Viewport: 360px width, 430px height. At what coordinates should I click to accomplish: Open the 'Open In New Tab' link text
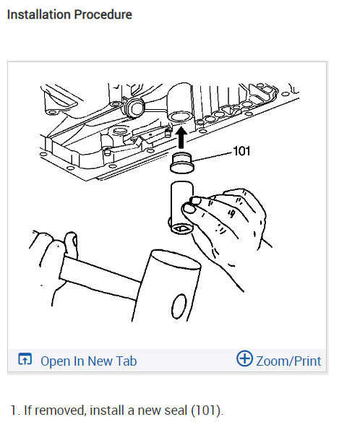pyautogui.click(x=88, y=361)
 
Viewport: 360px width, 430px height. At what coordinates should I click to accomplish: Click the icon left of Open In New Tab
pyautogui.click(x=25, y=360)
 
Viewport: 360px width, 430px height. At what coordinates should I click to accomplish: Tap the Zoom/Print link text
pyautogui.click(x=288, y=361)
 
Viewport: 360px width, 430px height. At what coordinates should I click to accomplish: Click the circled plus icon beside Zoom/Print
pyautogui.click(x=244, y=360)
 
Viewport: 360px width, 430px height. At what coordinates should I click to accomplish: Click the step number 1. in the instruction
pyautogui.click(x=15, y=410)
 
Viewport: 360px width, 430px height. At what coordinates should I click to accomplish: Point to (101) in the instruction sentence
pyautogui.click(x=206, y=410)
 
